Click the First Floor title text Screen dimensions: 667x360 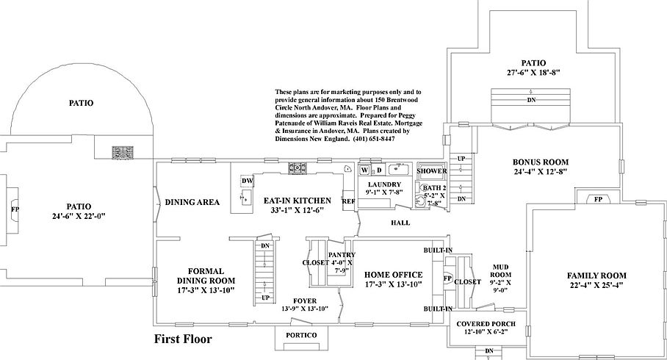click(x=182, y=339)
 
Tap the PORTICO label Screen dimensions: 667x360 click(x=301, y=335)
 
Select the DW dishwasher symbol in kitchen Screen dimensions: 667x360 click(x=247, y=181)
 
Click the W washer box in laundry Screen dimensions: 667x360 click(x=364, y=170)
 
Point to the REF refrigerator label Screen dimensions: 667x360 click(x=349, y=201)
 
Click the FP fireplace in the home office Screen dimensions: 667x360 click(x=447, y=278)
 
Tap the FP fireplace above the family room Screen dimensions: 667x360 click(x=598, y=199)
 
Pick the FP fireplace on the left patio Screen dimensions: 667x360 click(x=15, y=209)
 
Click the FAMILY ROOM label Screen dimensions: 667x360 click(x=596, y=276)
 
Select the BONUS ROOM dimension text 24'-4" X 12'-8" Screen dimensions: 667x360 click(x=541, y=172)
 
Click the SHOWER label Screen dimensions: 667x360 click(x=432, y=171)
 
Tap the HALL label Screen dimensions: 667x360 click(x=400, y=223)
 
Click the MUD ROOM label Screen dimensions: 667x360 click(x=500, y=271)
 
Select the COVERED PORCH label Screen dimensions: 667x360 click(x=486, y=324)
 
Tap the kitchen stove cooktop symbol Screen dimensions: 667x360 click(x=298, y=168)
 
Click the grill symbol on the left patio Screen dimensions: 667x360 click(x=123, y=153)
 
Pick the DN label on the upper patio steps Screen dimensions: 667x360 click(x=531, y=100)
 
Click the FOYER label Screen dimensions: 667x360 click(x=305, y=300)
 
